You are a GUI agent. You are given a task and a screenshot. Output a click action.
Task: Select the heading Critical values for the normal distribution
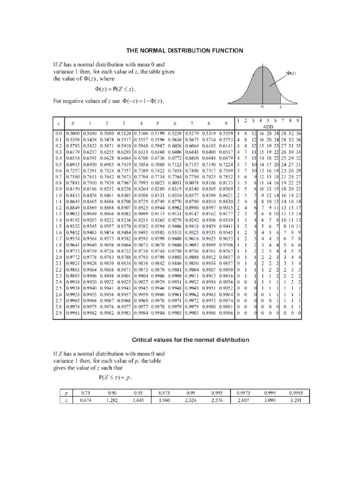190,339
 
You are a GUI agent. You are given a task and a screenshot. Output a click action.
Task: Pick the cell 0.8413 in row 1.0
73,195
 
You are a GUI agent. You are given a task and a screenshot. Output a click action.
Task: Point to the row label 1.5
58,225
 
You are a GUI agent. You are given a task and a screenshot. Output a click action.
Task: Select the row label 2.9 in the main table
58,311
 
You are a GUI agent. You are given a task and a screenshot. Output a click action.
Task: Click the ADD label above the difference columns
268,127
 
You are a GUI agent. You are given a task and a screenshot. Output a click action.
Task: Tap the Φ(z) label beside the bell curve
291,73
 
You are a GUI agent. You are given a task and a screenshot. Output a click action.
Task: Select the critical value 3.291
296,401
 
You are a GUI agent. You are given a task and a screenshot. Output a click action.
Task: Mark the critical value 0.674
85,401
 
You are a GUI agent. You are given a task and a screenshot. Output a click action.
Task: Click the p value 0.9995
296,393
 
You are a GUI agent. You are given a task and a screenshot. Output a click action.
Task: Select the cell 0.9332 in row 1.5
73,225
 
